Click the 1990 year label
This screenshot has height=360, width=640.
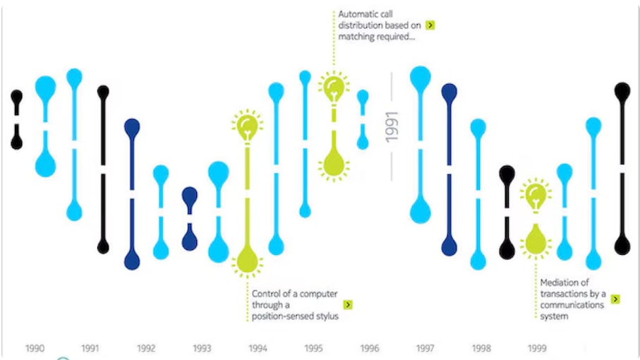tap(35, 348)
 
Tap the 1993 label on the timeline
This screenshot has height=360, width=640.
tap(202, 348)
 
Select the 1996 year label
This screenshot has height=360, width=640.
tap(369, 348)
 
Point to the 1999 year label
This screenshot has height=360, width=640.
tap(536, 348)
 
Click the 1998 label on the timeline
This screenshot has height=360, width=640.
tap(481, 348)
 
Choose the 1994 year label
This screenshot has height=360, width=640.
tap(258, 348)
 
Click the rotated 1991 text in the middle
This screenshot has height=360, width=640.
tap(392, 127)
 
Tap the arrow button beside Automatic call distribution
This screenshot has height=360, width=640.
tap(430, 25)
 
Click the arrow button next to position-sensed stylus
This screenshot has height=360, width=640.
tap(348, 305)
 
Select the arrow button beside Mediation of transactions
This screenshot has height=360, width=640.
tap(615, 299)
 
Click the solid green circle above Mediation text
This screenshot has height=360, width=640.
tap(536, 243)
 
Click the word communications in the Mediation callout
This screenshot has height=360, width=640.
tap(572, 305)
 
